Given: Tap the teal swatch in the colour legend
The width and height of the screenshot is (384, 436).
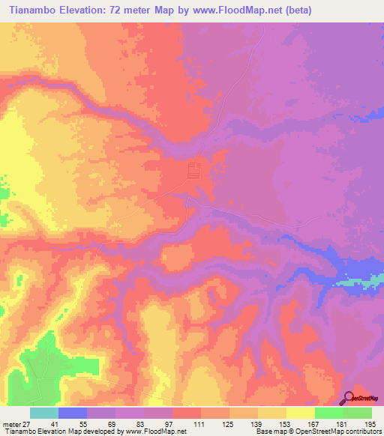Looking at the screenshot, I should pos(43,414).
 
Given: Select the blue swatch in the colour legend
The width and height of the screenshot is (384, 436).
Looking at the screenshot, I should pos(72,414).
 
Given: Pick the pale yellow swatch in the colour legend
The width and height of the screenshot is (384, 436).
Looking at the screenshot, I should pos(300,414).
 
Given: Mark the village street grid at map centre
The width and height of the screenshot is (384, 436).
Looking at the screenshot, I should pos(194,170).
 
